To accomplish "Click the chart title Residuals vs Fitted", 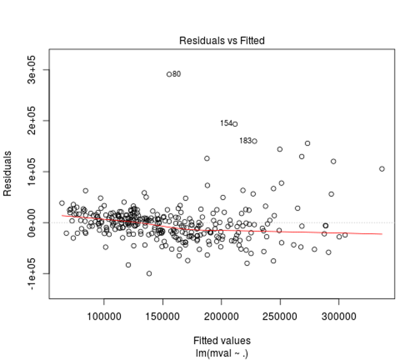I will (222, 41).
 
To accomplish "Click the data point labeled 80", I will (169, 74).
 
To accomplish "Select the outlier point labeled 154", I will (235, 124).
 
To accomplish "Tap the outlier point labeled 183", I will (254, 141).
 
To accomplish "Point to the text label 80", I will (177, 74).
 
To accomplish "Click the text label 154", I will (226, 123).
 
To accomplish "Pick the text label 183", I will (245, 140).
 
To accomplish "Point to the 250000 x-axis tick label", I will (280, 315).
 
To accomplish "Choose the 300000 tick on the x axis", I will (338, 315).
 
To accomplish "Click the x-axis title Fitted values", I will (222, 341).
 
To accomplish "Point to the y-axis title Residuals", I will (8, 173).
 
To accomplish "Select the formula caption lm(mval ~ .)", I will (222, 352).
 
